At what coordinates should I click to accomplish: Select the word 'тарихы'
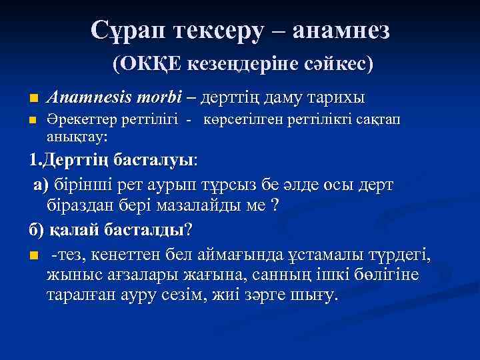[x=336, y=98]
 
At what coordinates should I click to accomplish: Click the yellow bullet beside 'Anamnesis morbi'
[x=33, y=99]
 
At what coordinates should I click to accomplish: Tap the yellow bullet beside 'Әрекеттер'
[x=33, y=121]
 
